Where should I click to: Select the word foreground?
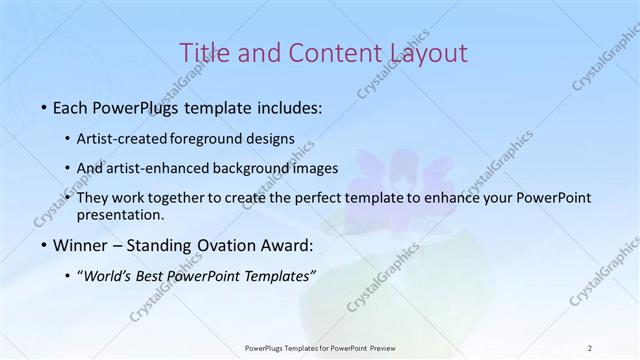205,138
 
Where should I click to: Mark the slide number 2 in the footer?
589,347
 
